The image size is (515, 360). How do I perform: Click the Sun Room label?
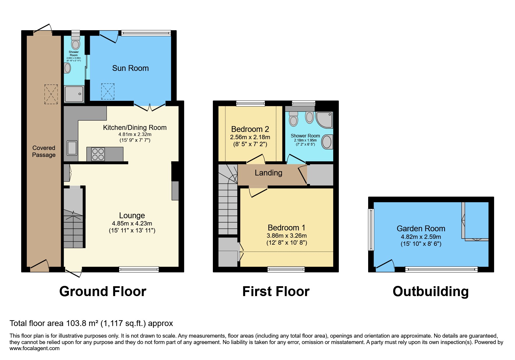(x=130, y=68)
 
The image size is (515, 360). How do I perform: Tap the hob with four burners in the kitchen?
(x=98, y=154)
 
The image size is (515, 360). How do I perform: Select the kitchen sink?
(x=72, y=148)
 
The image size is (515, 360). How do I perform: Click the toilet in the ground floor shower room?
(x=76, y=43)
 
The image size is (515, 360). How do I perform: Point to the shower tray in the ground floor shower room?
(x=74, y=94)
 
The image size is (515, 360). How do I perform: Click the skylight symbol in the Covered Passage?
(x=51, y=94)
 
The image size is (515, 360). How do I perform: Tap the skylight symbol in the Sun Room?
(x=108, y=92)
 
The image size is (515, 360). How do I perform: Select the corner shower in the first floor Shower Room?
(x=325, y=120)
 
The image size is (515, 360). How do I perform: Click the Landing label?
(x=268, y=173)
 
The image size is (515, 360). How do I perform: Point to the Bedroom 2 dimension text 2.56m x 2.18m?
(x=250, y=137)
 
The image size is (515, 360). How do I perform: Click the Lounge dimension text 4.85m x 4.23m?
(x=132, y=223)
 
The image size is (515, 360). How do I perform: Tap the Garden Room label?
(x=421, y=229)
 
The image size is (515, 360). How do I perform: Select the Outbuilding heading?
(x=430, y=291)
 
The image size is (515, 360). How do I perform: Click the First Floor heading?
(x=276, y=291)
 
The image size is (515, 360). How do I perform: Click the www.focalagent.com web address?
(x=34, y=348)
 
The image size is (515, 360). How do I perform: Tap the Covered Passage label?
(x=44, y=151)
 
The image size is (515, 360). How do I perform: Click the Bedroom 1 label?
(x=286, y=228)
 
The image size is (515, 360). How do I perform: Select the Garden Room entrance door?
(x=385, y=266)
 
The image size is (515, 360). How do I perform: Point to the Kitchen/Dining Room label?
(x=135, y=128)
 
